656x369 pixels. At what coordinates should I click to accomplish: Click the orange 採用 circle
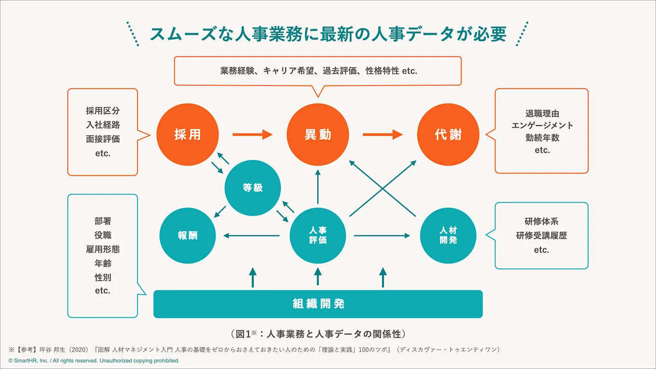pos(188,135)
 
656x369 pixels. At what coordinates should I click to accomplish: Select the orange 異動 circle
pos(318,135)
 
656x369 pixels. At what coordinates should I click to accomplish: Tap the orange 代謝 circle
pos(448,135)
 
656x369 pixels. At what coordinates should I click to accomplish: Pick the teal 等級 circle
pos(253,188)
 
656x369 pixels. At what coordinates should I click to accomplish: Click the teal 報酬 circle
pos(188,236)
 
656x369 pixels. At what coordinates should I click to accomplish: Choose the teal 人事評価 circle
pos(318,236)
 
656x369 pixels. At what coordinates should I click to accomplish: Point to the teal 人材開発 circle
pos(448,236)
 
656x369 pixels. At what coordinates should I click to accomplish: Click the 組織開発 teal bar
pos(318,304)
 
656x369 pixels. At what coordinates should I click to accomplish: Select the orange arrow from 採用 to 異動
pos(252,135)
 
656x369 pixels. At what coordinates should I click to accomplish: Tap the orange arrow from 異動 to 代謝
pos(383,135)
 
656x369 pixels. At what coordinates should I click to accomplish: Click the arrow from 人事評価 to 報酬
pos(251,236)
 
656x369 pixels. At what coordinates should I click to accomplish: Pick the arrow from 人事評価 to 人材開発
pos(382,236)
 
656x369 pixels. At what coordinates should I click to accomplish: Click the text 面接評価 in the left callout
pos(103,139)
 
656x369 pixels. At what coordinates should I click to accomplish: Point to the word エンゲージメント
pos(542,125)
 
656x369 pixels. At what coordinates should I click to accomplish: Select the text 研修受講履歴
pos(542,236)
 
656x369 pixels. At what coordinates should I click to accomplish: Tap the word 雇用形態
pos(103,249)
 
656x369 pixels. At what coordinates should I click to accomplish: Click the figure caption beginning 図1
pos(317,334)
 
